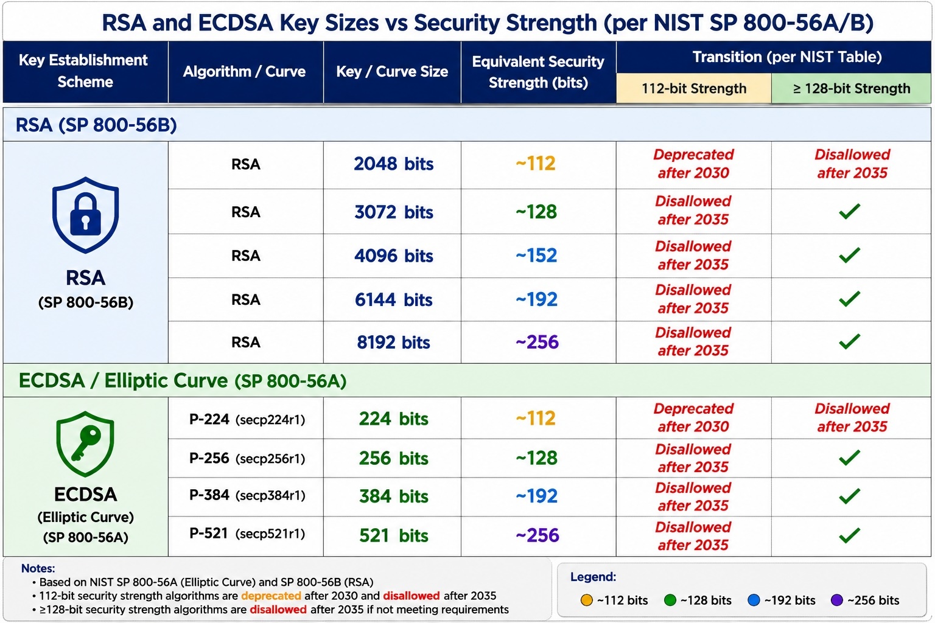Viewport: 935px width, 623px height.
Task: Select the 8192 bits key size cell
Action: point(393,342)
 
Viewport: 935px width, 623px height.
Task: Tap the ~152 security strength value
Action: point(536,256)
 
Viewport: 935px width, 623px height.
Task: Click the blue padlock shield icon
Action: point(86,215)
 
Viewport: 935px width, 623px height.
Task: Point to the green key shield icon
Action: point(85,444)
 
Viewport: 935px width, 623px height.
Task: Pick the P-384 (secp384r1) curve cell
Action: point(247,495)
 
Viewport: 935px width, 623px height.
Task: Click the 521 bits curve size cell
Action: point(393,535)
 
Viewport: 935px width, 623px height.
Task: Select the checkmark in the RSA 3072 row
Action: point(849,211)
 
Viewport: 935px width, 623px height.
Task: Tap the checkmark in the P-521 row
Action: point(849,535)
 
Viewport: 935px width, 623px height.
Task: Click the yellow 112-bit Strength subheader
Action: point(694,88)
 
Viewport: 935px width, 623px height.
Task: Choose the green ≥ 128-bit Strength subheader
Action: point(851,88)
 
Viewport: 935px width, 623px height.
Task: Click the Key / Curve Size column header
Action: point(392,71)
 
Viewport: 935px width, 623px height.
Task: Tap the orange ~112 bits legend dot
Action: point(586,600)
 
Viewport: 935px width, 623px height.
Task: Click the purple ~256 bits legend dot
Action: point(837,600)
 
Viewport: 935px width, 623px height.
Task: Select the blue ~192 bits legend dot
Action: point(754,600)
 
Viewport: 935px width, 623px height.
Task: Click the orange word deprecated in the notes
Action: point(271,596)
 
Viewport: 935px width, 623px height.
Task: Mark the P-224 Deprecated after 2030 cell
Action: point(693,417)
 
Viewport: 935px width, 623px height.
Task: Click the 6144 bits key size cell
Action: point(393,299)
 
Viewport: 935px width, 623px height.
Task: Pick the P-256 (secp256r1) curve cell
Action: point(247,458)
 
